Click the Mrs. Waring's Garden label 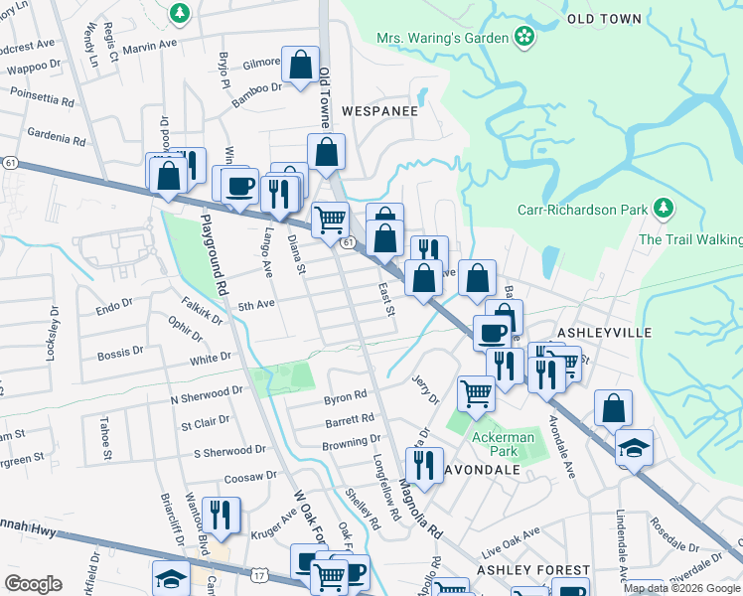tap(442, 39)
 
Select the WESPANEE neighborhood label tap(379, 111)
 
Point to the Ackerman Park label tap(503, 444)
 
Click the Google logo tap(32, 583)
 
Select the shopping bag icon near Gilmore tap(300, 66)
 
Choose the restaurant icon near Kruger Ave tap(221, 515)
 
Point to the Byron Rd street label tap(345, 397)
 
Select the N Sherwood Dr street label tap(207, 393)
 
